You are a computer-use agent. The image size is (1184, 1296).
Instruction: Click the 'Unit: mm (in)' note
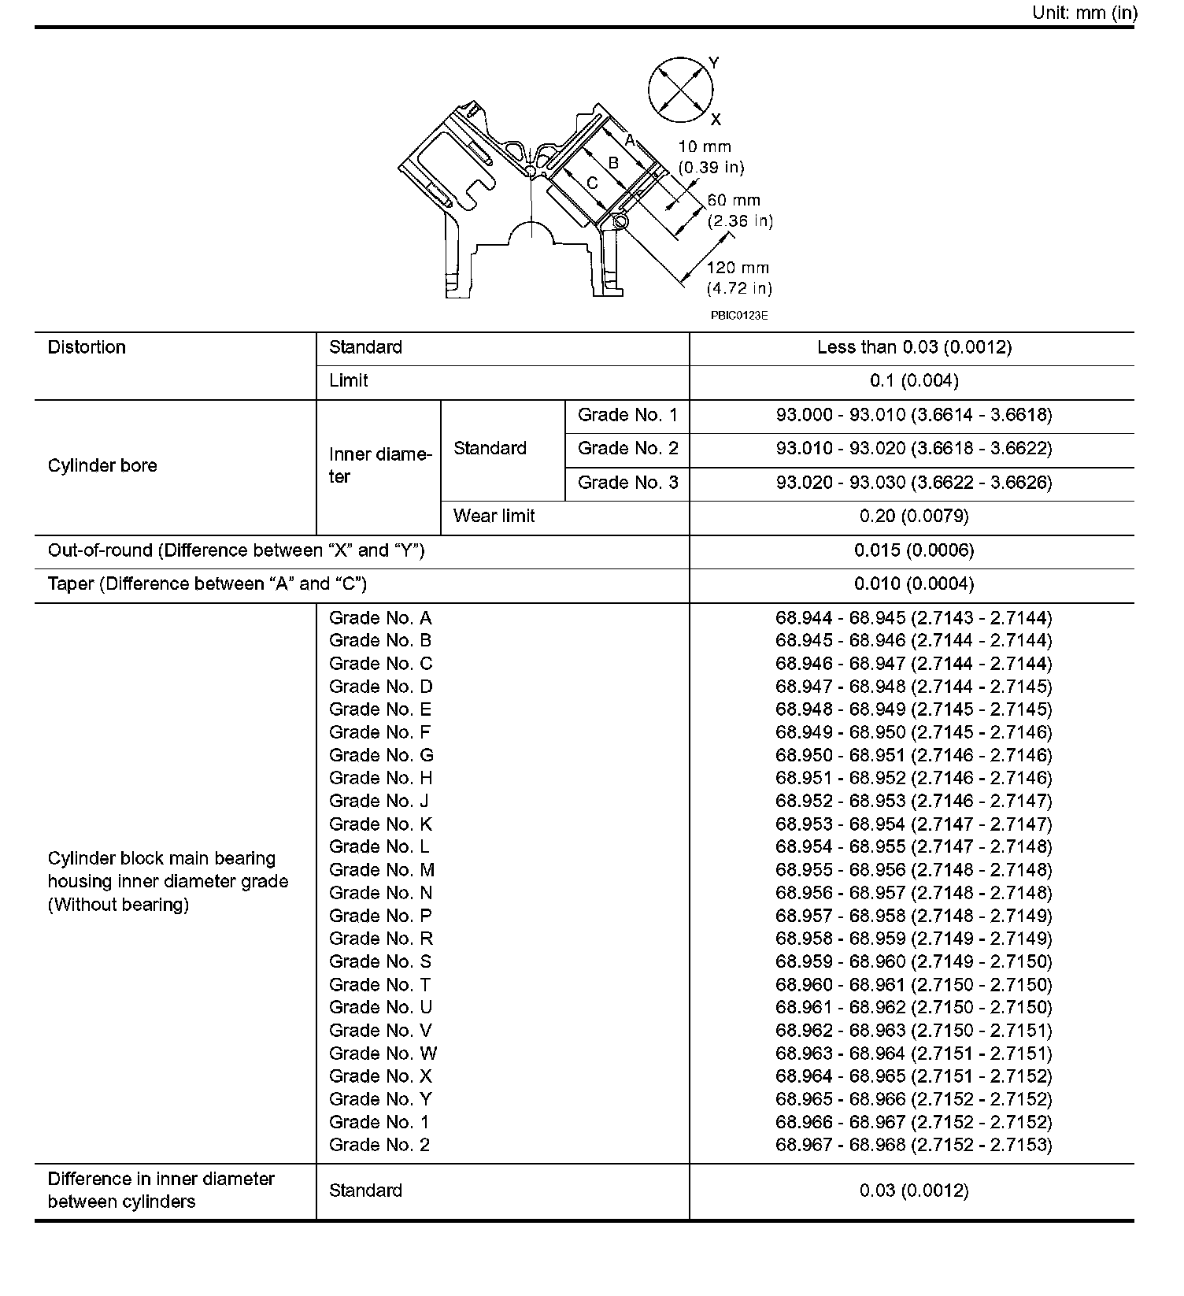pyautogui.click(x=1084, y=13)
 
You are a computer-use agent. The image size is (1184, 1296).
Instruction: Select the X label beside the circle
pyautogui.click(x=716, y=120)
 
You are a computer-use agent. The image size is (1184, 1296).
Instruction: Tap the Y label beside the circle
pyautogui.click(x=713, y=62)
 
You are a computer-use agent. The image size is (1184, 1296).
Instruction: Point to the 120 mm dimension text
pyautogui.click(x=738, y=268)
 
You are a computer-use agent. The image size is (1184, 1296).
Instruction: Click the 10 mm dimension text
pyautogui.click(x=705, y=146)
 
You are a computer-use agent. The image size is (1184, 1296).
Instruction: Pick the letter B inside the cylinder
pyautogui.click(x=613, y=164)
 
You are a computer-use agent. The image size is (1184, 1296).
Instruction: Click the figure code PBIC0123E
pyautogui.click(x=739, y=316)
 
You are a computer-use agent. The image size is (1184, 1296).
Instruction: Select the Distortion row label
pyautogui.click(x=87, y=347)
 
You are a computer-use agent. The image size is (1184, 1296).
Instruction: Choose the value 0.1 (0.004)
pyautogui.click(x=913, y=381)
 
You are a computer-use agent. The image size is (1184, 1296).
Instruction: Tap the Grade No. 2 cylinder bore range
pyautogui.click(x=913, y=449)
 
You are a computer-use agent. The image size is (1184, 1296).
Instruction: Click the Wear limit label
pyautogui.click(x=494, y=517)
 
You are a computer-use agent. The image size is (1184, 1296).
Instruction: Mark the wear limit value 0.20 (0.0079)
pyautogui.click(x=913, y=517)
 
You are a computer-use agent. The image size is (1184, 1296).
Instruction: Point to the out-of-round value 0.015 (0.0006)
pyautogui.click(x=913, y=550)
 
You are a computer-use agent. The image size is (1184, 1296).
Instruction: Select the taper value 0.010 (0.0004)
pyautogui.click(x=913, y=584)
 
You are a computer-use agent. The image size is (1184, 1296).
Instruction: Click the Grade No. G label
pyautogui.click(x=381, y=756)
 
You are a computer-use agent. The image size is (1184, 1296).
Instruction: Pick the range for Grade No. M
pyautogui.click(x=913, y=870)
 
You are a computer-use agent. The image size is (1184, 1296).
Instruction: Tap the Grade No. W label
pyautogui.click(x=383, y=1053)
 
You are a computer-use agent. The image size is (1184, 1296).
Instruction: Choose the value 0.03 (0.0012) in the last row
pyautogui.click(x=913, y=1190)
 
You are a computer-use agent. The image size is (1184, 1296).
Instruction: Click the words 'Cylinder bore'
pyautogui.click(x=102, y=466)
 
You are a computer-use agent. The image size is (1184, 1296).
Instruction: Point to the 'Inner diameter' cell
pyautogui.click(x=379, y=465)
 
